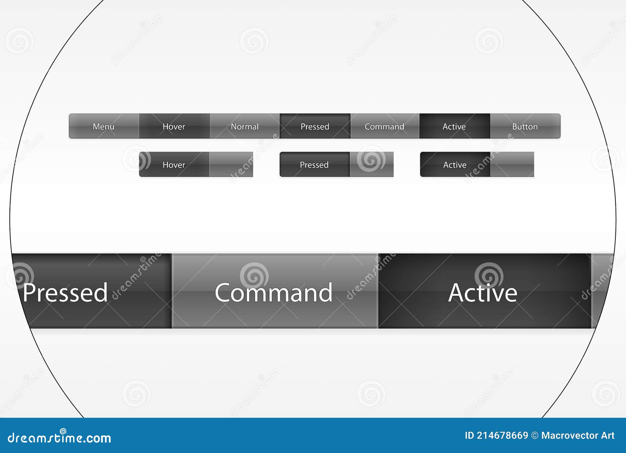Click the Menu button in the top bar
pos(104,126)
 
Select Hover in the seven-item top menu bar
pos(174,126)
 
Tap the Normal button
pos(245,126)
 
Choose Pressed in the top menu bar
pos(315,126)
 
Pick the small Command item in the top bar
pos(384,126)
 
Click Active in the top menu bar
pos(454,126)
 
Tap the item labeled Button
pos(525,126)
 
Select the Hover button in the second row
pos(174,165)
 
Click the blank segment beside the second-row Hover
pos(231,165)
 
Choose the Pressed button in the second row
pos(314,165)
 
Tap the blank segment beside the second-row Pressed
pos(372,165)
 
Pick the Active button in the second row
pos(455,165)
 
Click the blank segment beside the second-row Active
pos(512,165)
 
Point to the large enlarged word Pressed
pos(65,292)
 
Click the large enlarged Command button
pos(274,292)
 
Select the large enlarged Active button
pos(483,292)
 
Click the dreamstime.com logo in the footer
pos(59,437)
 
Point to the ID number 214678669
pos(502,435)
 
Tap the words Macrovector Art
pos(578,435)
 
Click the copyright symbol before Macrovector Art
pos(535,435)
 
